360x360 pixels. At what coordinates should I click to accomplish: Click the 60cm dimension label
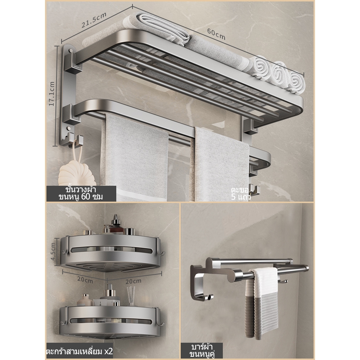pos(216,34)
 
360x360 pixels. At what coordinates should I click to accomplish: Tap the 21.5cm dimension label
pos(94,20)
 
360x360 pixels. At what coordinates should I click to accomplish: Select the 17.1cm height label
pos(52,94)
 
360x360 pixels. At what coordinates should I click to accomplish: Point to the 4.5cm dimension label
pos(53,252)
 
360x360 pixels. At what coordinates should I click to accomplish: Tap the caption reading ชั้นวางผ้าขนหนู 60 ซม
pos(81,193)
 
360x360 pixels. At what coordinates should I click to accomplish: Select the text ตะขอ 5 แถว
pos(240,193)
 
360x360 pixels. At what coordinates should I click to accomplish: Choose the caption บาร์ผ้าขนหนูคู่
pos(201,350)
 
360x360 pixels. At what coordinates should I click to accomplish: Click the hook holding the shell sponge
pos(76,140)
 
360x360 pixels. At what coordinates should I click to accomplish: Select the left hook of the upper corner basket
pos(64,251)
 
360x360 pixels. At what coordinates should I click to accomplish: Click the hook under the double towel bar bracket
pos(208,297)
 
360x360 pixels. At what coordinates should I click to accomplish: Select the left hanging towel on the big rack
pos(134,158)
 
